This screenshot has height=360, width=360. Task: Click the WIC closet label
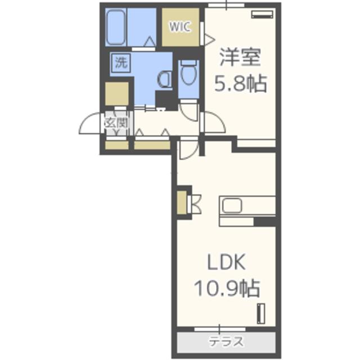180,27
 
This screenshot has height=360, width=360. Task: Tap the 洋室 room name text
240,57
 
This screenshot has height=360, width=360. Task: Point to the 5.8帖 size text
240,83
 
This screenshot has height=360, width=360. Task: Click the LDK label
226,262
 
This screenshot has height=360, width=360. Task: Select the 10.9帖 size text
227,289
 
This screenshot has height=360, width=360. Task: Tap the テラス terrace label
226,342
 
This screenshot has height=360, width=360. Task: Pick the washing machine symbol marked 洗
120,62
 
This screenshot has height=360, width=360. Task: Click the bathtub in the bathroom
116,27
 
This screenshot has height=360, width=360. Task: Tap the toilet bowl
189,71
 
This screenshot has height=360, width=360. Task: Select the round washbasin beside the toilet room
164,79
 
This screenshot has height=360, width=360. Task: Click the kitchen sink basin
232,205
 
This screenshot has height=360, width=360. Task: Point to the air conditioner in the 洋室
263,14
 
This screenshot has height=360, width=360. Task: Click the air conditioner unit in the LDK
261,314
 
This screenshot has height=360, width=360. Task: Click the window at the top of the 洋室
226,5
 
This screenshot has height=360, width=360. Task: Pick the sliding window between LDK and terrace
220,329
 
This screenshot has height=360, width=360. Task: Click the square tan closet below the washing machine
116,94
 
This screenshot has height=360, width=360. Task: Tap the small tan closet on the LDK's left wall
182,202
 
